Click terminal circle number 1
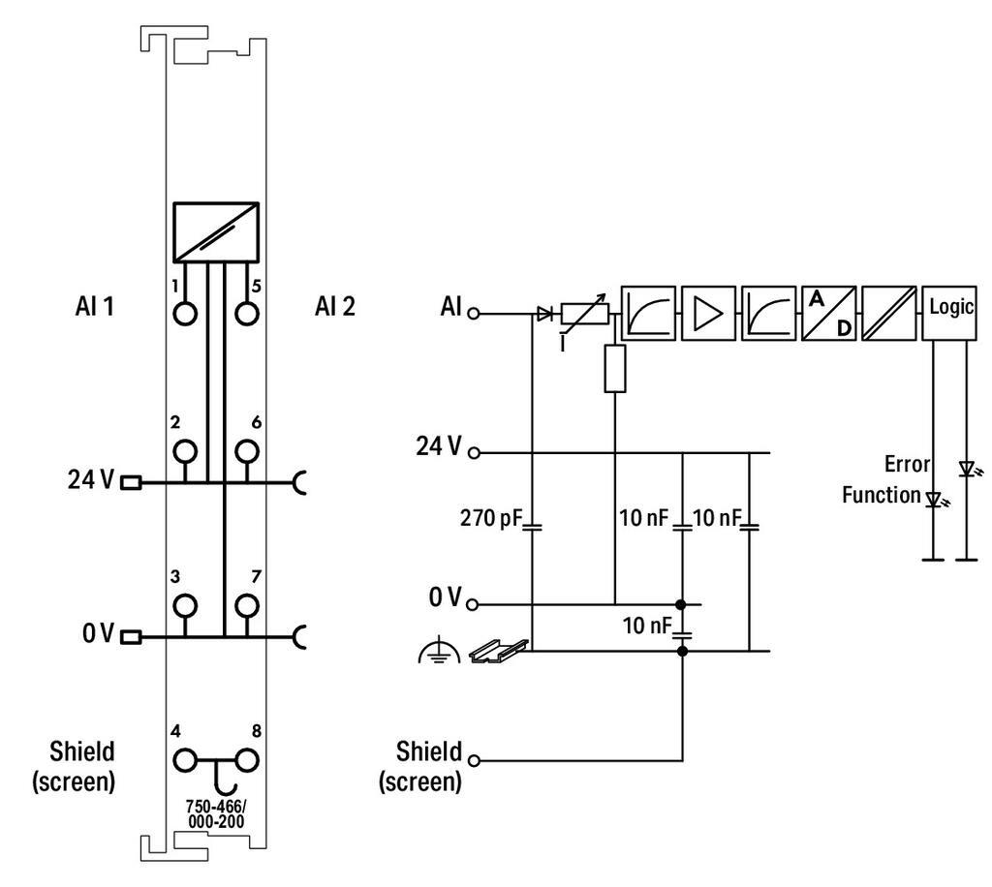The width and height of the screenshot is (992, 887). point(184,314)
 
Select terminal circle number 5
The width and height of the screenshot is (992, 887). point(247,314)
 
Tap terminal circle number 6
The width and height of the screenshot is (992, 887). point(247,450)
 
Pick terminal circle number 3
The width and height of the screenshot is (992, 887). point(184,605)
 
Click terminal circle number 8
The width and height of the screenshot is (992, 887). point(247,760)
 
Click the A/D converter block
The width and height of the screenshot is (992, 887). point(828,312)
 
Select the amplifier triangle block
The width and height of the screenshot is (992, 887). point(708,312)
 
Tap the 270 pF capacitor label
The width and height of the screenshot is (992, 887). point(492,520)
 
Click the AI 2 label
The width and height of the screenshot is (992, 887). point(334,308)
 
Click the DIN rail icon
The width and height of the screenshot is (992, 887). point(499,652)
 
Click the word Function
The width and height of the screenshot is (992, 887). point(880,495)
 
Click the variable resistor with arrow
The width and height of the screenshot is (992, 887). point(584,312)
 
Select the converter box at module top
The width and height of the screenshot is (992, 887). point(215,231)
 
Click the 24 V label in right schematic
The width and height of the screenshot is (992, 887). point(439,447)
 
